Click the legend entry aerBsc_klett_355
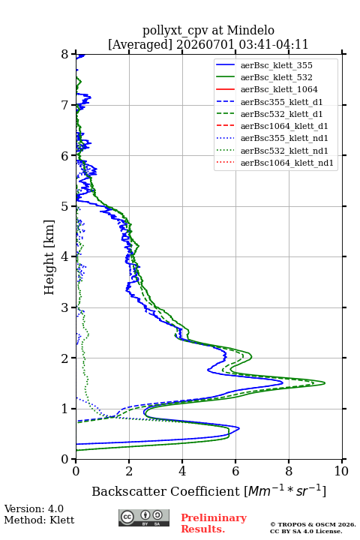tap(276, 65)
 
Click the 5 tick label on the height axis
tap(65, 207)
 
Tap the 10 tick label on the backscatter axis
tap(341, 471)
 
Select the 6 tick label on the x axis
tap(235, 471)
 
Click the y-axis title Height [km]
tap(49, 257)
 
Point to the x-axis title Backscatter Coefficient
tap(166, 491)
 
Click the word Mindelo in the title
tap(250, 30)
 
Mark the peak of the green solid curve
tap(325, 383)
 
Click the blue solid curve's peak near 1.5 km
tap(283, 382)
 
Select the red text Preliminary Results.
tap(214, 523)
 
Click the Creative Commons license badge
tap(144, 518)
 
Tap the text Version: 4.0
tap(34, 508)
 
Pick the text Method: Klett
tap(39, 520)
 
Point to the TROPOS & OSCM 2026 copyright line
tap(313, 524)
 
